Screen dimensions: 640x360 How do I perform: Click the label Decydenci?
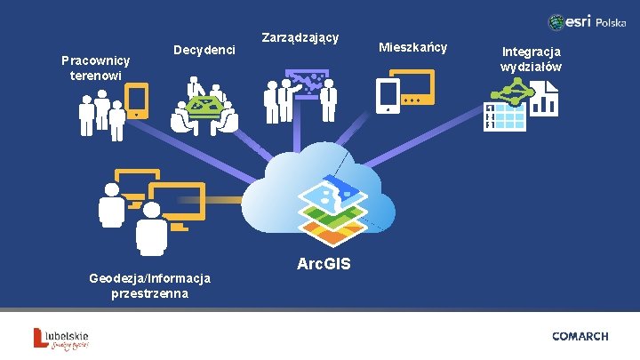(204, 50)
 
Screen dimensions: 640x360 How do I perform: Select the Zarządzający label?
(300, 38)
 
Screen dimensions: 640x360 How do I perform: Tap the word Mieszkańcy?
(413, 46)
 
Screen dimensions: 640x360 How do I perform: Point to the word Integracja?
(531, 52)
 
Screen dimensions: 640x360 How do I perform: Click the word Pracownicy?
(95, 60)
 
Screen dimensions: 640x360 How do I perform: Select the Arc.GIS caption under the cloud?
(324, 264)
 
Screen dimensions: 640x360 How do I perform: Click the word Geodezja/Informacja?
(149, 278)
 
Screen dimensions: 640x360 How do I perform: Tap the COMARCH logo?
(580, 336)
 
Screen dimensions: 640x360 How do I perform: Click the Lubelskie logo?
(61, 339)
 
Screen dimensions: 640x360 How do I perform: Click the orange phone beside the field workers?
(137, 101)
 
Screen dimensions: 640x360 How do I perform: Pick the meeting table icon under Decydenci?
(205, 109)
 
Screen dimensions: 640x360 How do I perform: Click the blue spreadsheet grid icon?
(505, 116)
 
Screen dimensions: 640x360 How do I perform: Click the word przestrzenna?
(149, 293)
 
